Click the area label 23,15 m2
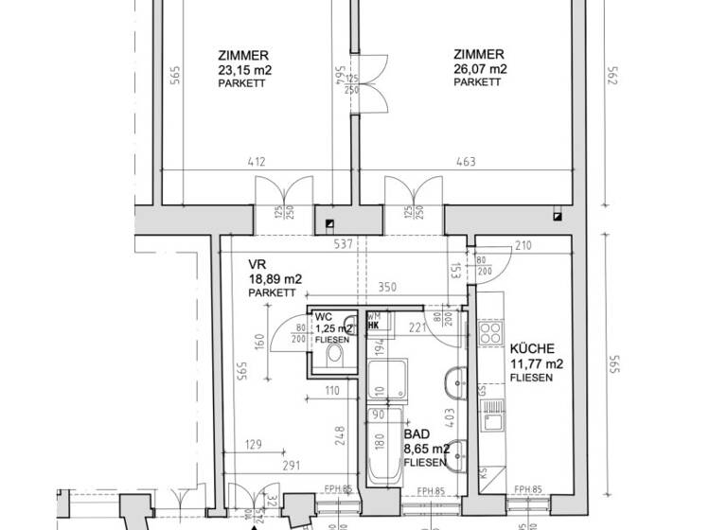(241, 69)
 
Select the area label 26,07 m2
(479, 69)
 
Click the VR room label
(257, 264)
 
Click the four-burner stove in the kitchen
(491, 332)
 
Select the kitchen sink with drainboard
(491, 417)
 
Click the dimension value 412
(257, 162)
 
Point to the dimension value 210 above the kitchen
(523, 246)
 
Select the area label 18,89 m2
(275, 279)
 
